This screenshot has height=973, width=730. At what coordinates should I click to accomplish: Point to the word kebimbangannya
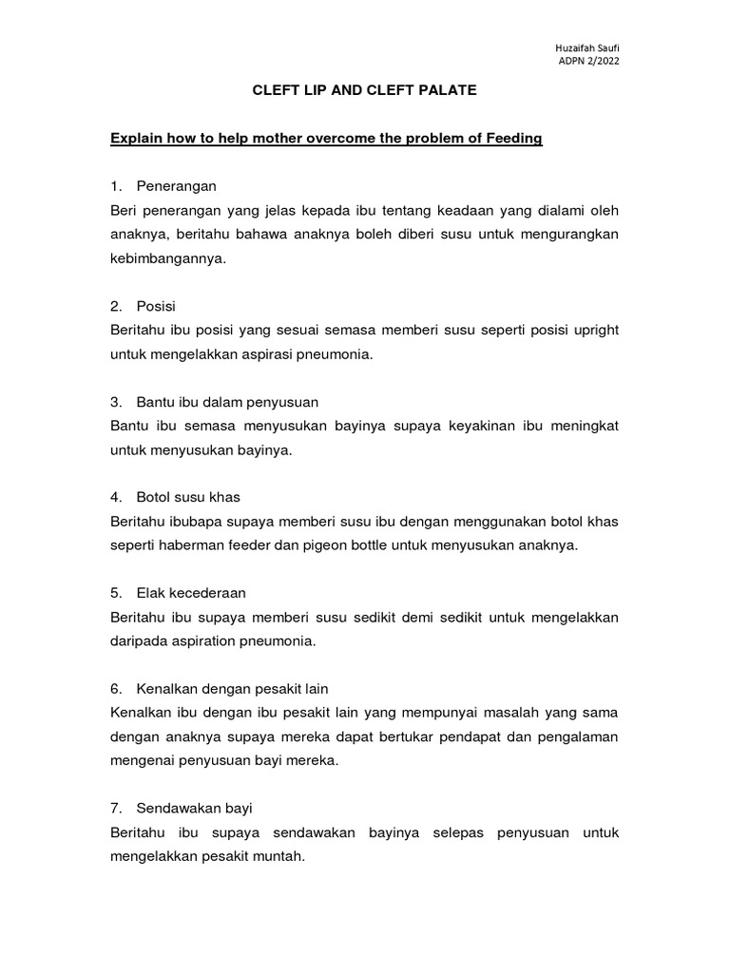(x=168, y=258)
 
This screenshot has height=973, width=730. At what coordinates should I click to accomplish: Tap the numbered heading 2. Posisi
(x=150, y=306)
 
